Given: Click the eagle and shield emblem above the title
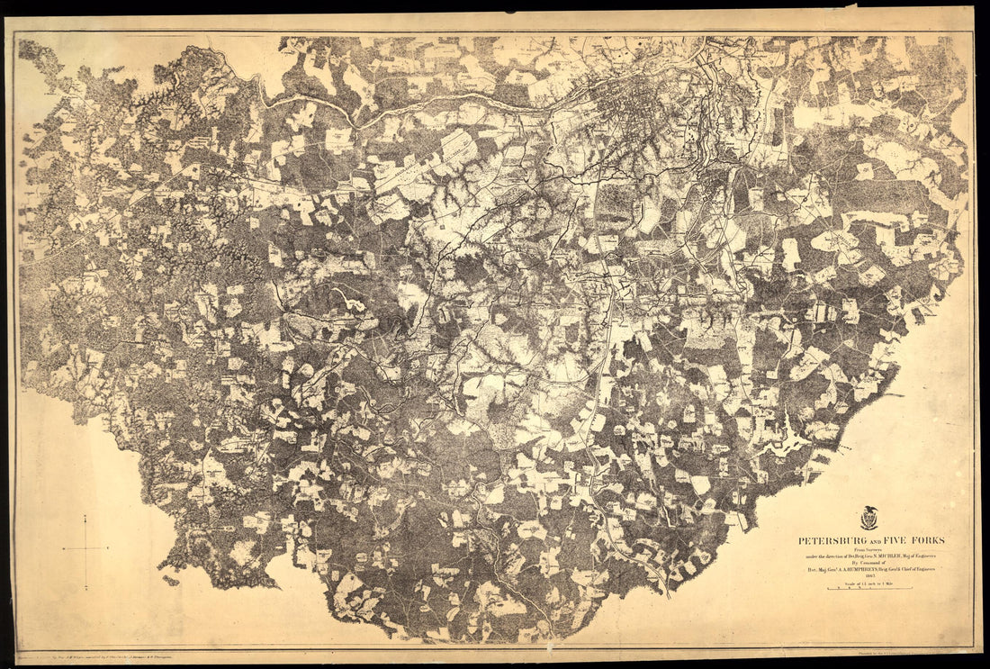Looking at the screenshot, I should (x=869, y=518).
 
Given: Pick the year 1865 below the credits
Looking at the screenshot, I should (x=869, y=575).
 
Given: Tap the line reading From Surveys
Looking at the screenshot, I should (x=868, y=549).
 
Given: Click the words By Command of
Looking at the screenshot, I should (x=869, y=563).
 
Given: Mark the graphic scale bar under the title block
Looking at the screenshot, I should (x=869, y=589).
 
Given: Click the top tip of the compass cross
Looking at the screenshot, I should (x=85, y=516).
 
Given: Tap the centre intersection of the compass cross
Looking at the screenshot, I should (x=85, y=548).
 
